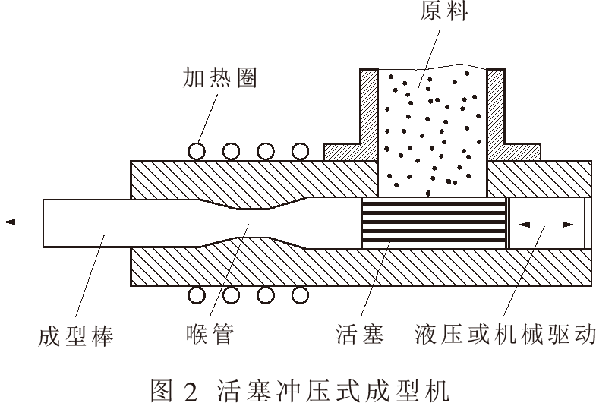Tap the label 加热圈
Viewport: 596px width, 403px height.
pyautogui.click(x=218, y=78)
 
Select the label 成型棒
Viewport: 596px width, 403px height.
pyautogui.click(x=75, y=335)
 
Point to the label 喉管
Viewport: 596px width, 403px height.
pyautogui.click(x=207, y=335)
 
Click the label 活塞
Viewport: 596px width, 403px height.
pyautogui.click(x=359, y=335)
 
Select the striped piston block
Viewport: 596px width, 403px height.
pyautogui.click(x=434, y=223)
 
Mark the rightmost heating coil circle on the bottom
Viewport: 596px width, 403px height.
pyautogui.click(x=301, y=294)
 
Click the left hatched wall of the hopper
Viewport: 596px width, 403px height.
pyautogui.click(x=369, y=114)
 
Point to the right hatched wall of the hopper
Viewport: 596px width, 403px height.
pyautogui.click(x=495, y=114)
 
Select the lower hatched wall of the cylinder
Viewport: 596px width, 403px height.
pyautogui.click(x=357, y=269)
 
